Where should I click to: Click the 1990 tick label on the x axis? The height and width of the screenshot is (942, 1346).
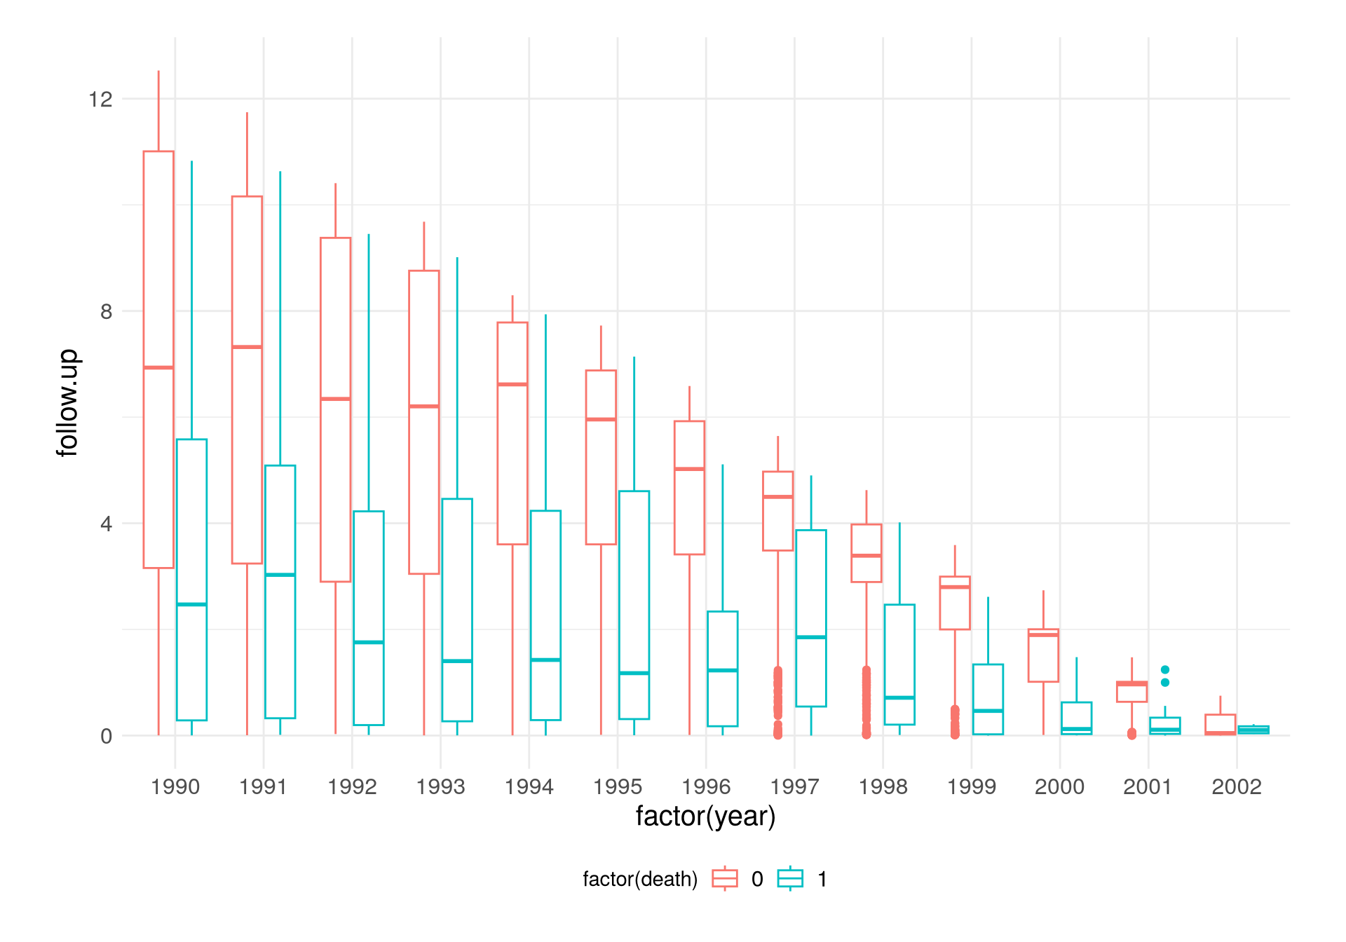pyautogui.click(x=175, y=787)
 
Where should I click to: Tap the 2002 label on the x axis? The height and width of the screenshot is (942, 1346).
pyautogui.click(x=1237, y=787)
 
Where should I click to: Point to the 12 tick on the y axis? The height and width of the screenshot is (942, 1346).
pyautogui.click(x=100, y=99)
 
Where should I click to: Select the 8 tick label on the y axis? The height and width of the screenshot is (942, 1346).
pyautogui.click(x=106, y=311)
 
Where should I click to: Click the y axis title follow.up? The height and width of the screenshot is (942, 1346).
pyautogui.click(x=68, y=403)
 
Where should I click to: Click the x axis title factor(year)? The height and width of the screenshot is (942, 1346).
pyautogui.click(x=705, y=817)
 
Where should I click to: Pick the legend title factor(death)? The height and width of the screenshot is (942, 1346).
pyautogui.click(x=640, y=879)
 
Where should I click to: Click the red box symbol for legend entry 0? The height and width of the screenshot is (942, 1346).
pyautogui.click(x=725, y=878)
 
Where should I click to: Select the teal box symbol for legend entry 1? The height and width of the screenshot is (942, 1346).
pyautogui.click(x=790, y=878)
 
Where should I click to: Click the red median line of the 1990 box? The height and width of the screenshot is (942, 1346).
pyautogui.click(x=158, y=367)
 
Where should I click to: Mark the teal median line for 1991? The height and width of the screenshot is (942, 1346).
pyautogui.click(x=280, y=575)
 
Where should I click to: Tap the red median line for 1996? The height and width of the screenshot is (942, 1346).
pyautogui.click(x=689, y=469)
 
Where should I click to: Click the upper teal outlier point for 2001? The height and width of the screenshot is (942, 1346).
pyautogui.click(x=1165, y=670)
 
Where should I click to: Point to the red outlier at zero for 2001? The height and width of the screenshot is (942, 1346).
pyautogui.click(x=1131, y=734)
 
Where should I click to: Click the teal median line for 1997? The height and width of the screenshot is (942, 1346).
pyautogui.click(x=811, y=637)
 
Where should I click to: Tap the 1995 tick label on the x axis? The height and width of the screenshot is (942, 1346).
pyautogui.click(x=618, y=787)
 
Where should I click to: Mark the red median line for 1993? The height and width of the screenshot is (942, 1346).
pyautogui.click(x=424, y=407)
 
